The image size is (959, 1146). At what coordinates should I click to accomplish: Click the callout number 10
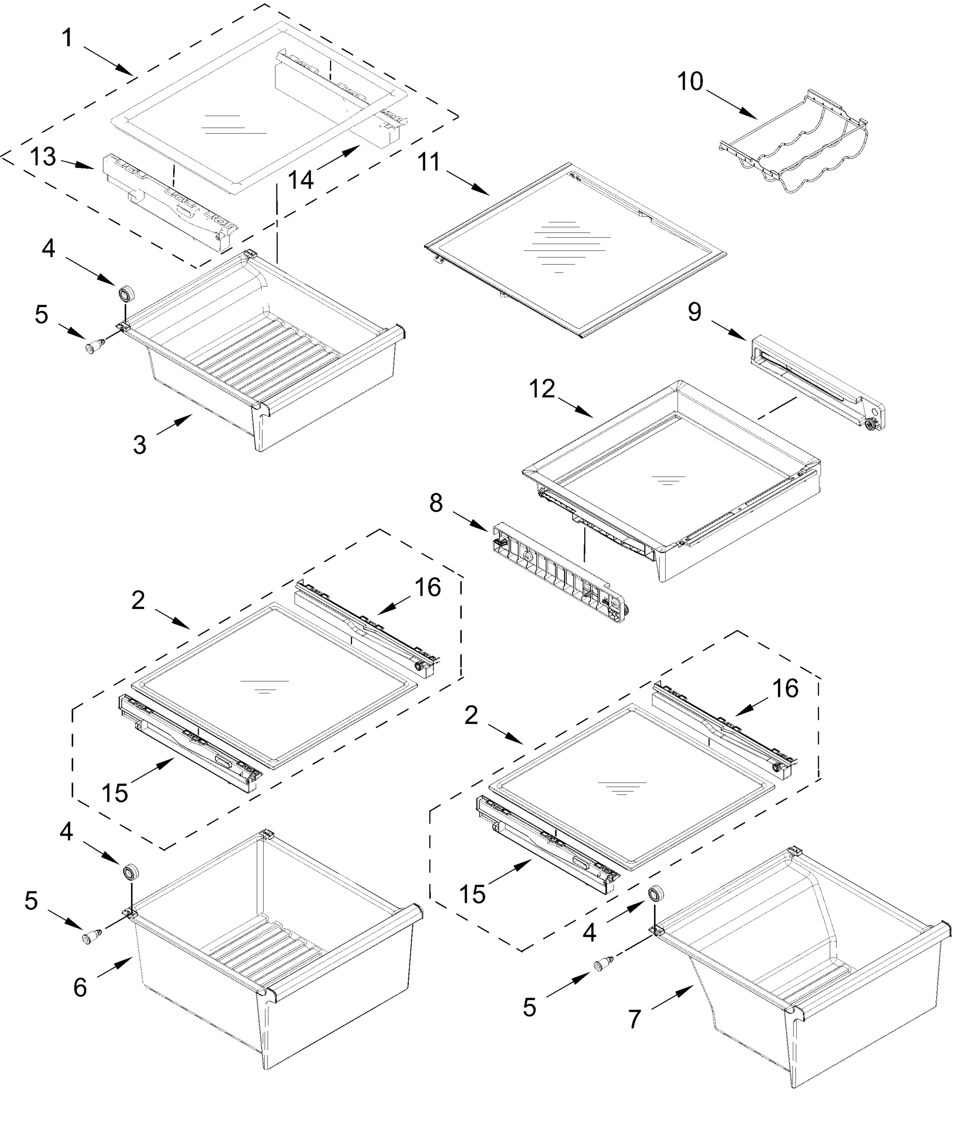click(x=690, y=82)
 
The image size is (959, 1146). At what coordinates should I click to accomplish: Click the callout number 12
click(x=542, y=389)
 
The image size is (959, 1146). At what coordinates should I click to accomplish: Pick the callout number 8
click(x=436, y=503)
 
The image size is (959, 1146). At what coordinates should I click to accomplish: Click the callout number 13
click(x=43, y=157)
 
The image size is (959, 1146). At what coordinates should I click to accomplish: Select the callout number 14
click(x=301, y=179)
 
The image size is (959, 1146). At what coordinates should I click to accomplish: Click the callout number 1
click(x=67, y=38)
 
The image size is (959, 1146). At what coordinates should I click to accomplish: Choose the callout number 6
click(x=80, y=988)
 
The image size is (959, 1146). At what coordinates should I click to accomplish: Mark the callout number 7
click(x=634, y=1019)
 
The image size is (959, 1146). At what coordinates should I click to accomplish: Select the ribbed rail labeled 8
click(x=559, y=573)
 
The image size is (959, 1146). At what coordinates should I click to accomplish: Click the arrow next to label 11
click(x=468, y=183)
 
